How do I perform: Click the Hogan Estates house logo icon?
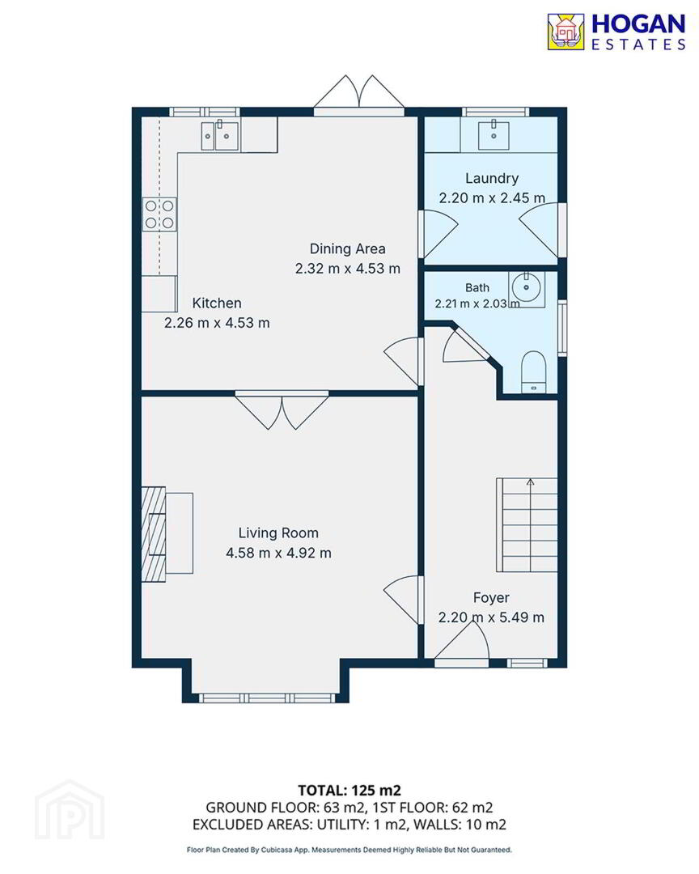pos(566,32)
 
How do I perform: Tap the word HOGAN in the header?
pos(638,24)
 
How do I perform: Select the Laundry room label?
pos(492,178)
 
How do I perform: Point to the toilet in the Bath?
pos(533,371)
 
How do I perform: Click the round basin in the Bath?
pos(526,288)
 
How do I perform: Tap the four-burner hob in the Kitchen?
pos(159,214)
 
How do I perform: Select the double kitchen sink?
pos(219,135)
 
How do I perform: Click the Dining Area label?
pos(347,248)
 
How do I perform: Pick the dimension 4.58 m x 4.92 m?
pos(278,553)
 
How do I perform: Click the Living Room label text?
pos(278,532)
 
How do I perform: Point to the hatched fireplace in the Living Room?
pos(154,534)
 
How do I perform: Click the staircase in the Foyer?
pos(527,524)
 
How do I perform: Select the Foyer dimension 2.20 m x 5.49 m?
pos(491,617)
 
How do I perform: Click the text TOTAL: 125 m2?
pos(349,791)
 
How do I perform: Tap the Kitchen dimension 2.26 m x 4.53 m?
pos(217,323)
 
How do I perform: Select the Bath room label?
pos(477,287)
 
